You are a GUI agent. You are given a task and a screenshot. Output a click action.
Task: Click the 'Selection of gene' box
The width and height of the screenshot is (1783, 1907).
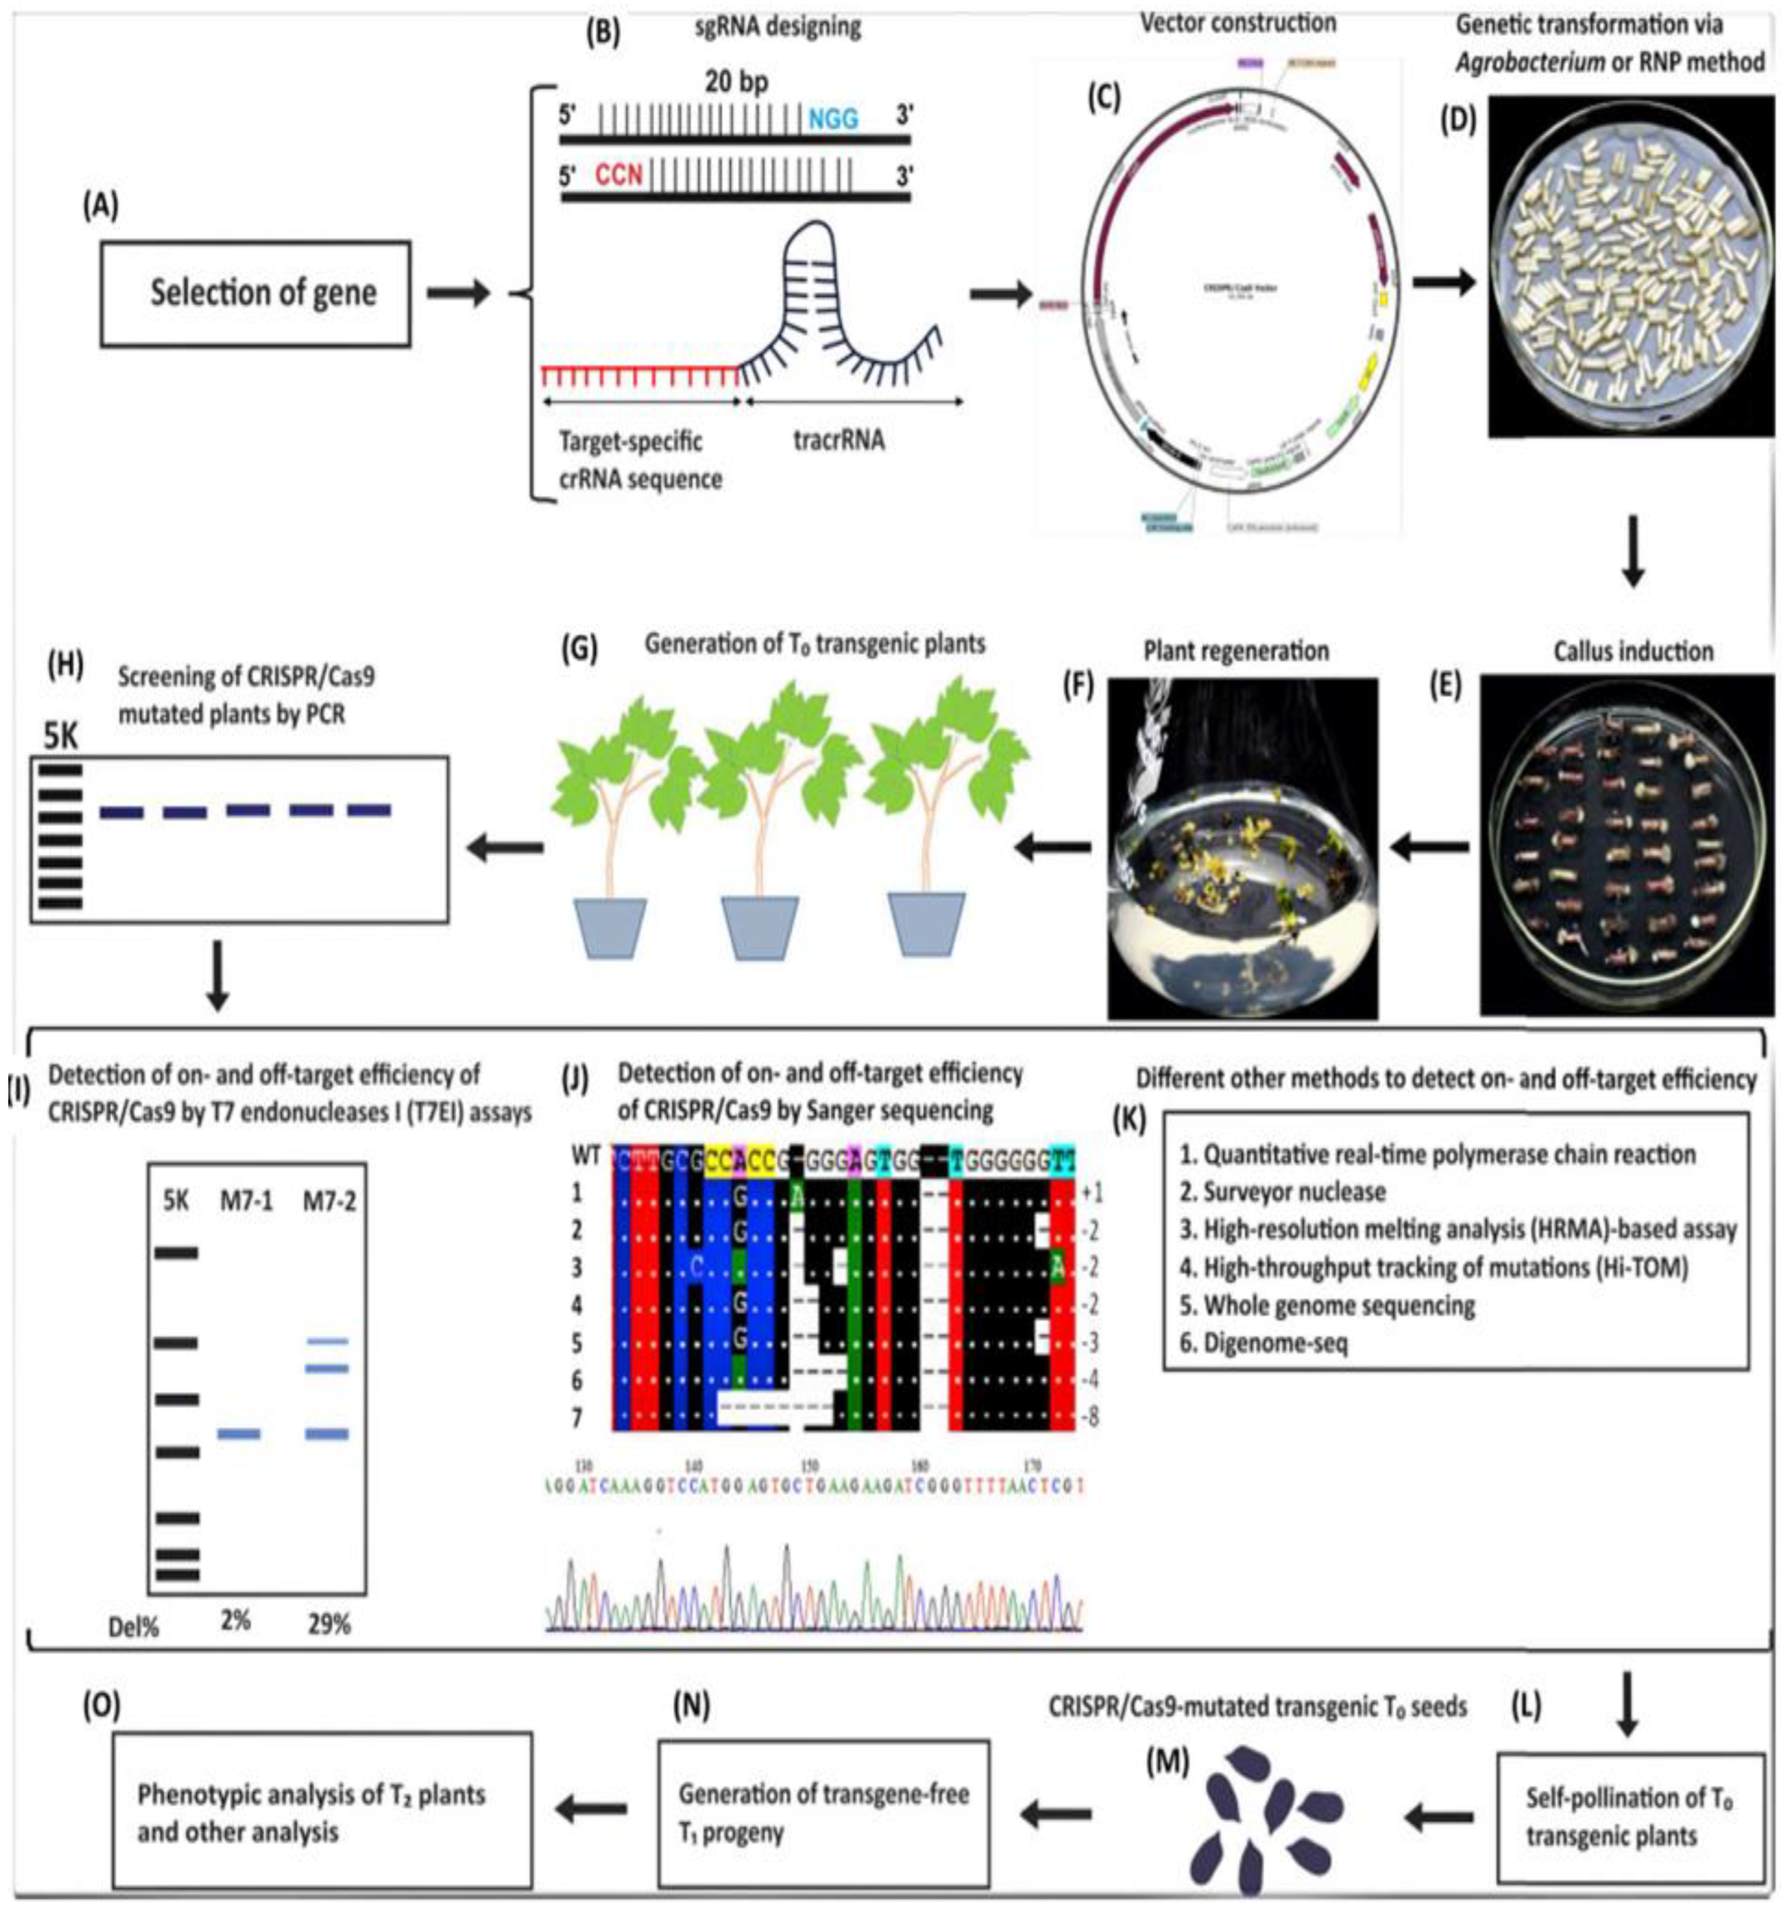click(255, 293)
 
